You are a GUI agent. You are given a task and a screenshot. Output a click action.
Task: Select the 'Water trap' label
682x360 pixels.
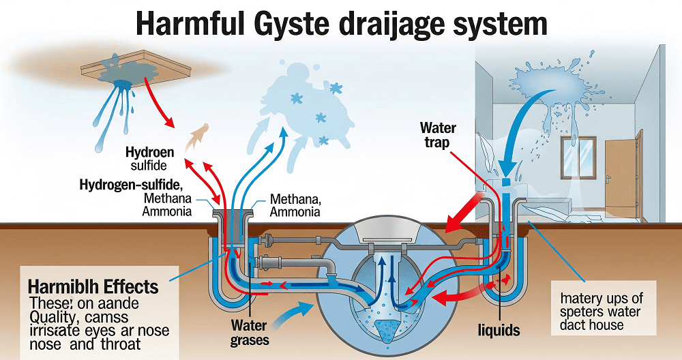[437, 135]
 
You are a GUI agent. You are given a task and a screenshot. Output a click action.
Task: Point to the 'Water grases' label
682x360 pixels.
[248, 332]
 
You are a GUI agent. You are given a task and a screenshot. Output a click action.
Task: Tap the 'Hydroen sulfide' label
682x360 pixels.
[149, 158]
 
